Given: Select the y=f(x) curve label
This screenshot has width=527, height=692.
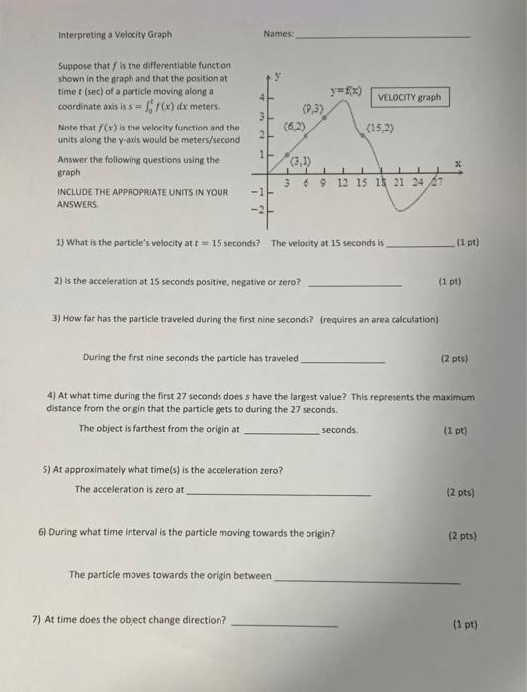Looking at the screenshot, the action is [x=349, y=88].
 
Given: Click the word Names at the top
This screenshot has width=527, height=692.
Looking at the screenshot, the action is [x=279, y=34].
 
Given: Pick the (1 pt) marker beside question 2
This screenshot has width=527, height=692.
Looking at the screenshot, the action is [x=450, y=280].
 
